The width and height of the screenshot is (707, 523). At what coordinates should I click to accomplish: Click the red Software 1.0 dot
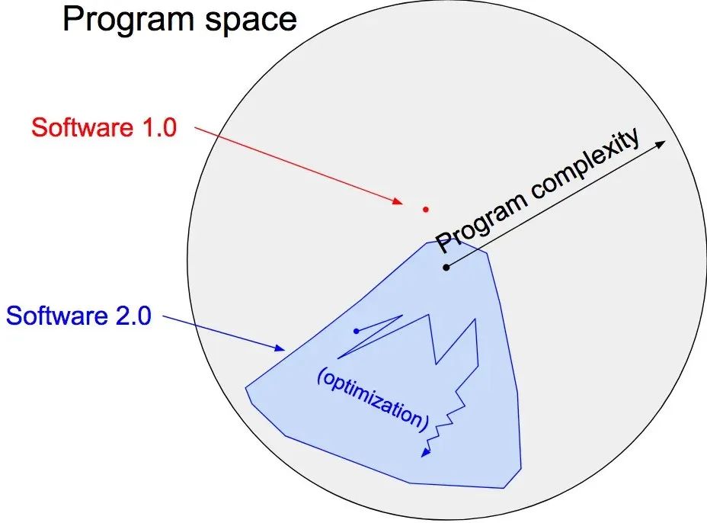[425, 209]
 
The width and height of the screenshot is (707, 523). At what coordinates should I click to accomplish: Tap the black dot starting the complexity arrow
[446, 267]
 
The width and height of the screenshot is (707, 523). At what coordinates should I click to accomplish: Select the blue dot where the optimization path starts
[357, 331]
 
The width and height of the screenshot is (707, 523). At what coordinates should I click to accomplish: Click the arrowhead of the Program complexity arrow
[661, 144]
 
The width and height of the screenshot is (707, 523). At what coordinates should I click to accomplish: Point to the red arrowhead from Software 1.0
[398, 201]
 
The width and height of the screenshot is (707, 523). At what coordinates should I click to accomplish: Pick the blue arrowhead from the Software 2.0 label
[280, 348]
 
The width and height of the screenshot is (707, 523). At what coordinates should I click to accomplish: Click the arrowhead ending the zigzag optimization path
[425, 452]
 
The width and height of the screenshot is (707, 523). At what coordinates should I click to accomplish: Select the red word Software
[82, 127]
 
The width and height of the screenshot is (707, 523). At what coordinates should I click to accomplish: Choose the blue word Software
[56, 316]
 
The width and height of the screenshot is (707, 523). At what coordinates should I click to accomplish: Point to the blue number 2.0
[133, 316]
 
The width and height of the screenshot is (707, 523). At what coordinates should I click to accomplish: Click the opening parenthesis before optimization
[321, 375]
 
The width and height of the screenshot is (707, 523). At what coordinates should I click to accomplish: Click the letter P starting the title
[72, 19]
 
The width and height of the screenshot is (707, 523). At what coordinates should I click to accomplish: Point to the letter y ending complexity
[632, 138]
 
